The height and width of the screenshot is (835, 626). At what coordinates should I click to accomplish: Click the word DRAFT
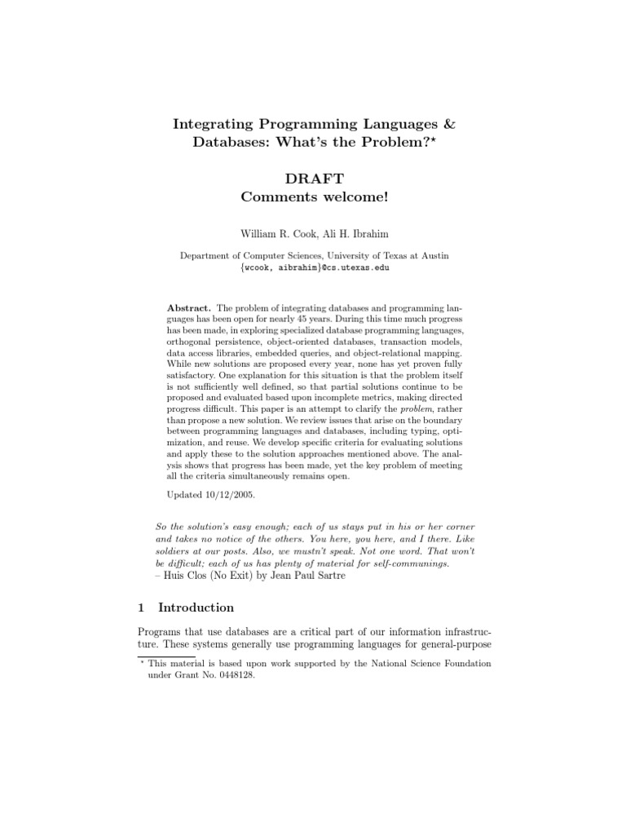click(x=313, y=179)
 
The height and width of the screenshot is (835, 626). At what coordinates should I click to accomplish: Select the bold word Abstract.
click(x=189, y=307)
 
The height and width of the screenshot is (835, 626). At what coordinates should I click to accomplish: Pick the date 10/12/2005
click(x=218, y=495)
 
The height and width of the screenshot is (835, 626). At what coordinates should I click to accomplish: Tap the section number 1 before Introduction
click(x=140, y=607)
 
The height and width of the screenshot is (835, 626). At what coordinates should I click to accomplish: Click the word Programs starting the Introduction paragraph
click(x=160, y=633)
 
